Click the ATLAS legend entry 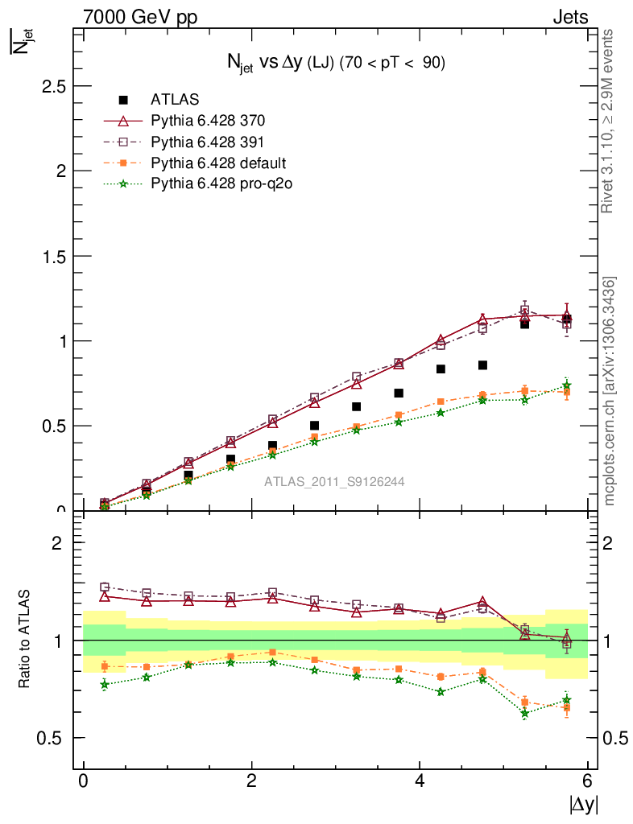tap(175, 100)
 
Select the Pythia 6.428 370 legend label tap(208, 121)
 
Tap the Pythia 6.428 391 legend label tap(208, 142)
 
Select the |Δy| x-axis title tap(584, 804)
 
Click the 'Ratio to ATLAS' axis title tap(26, 641)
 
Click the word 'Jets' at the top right tap(570, 17)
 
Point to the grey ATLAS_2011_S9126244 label tap(334, 482)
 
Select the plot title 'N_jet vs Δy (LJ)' tap(335, 64)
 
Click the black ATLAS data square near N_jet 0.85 tap(482, 365)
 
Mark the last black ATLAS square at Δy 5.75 tap(567, 319)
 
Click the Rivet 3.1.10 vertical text tap(608, 121)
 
